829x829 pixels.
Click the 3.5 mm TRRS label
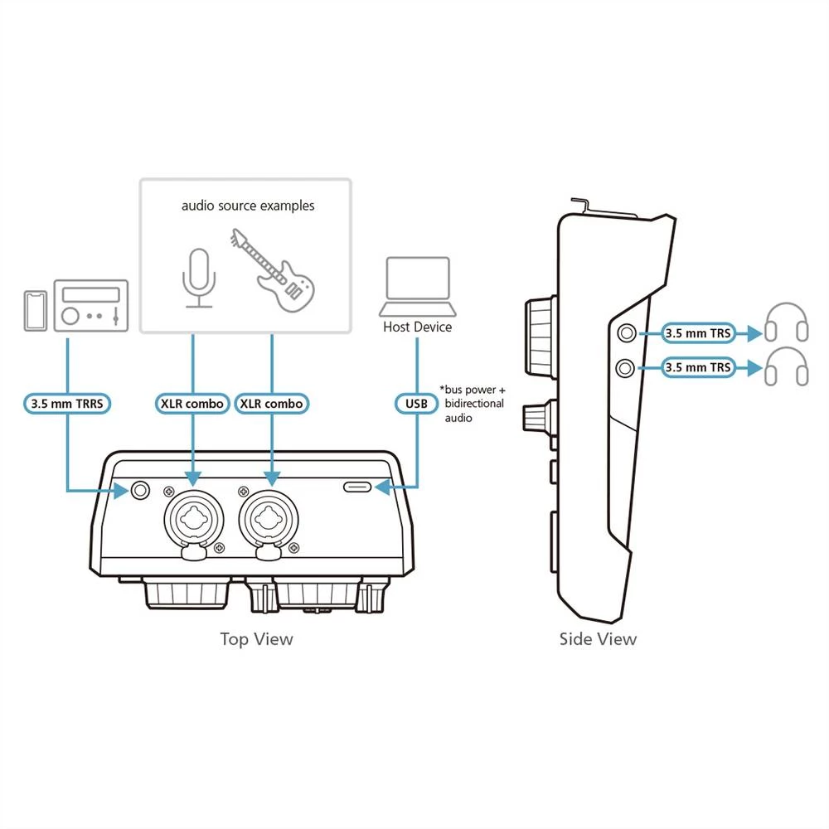pyautogui.click(x=65, y=404)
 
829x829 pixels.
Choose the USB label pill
pyautogui.click(x=416, y=404)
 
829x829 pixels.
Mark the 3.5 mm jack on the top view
pyautogui.click(x=140, y=491)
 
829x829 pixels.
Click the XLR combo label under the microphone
pyautogui.click(x=192, y=404)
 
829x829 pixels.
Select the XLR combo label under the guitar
pyautogui.click(x=272, y=404)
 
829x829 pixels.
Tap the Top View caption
pyautogui.click(x=256, y=638)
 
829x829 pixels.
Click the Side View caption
pyautogui.click(x=598, y=638)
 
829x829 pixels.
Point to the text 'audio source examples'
pyautogui.click(x=248, y=205)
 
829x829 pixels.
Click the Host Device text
pyautogui.click(x=418, y=327)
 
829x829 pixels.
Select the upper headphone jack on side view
pyautogui.click(x=626, y=332)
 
